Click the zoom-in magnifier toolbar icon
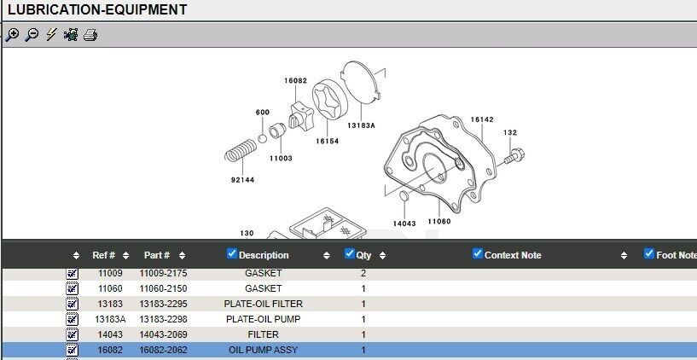pyautogui.click(x=12, y=35)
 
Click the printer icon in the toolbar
pyautogui.click(x=90, y=35)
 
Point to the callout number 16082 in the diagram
pyautogui.click(x=295, y=81)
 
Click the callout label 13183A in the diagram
pyautogui.click(x=360, y=125)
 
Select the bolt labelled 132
pyautogui.click(x=514, y=156)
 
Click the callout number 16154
pyautogui.click(x=327, y=141)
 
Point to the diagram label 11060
pyautogui.click(x=439, y=221)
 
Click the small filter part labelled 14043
pyautogui.click(x=405, y=199)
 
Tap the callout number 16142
pyautogui.click(x=482, y=119)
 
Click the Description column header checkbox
pyautogui.click(x=232, y=253)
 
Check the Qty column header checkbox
pyautogui.click(x=349, y=253)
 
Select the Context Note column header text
pyautogui.click(x=513, y=255)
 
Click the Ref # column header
pyautogui.click(x=104, y=255)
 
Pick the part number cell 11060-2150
pyautogui.click(x=163, y=288)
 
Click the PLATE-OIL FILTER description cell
pyautogui.click(x=263, y=304)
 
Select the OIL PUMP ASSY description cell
pyautogui.click(x=263, y=350)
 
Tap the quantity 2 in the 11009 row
pyautogui.click(x=363, y=273)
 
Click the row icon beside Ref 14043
pyautogui.click(x=73, y=334)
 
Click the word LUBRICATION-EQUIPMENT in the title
pyautogui.click(x=97, y=10)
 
